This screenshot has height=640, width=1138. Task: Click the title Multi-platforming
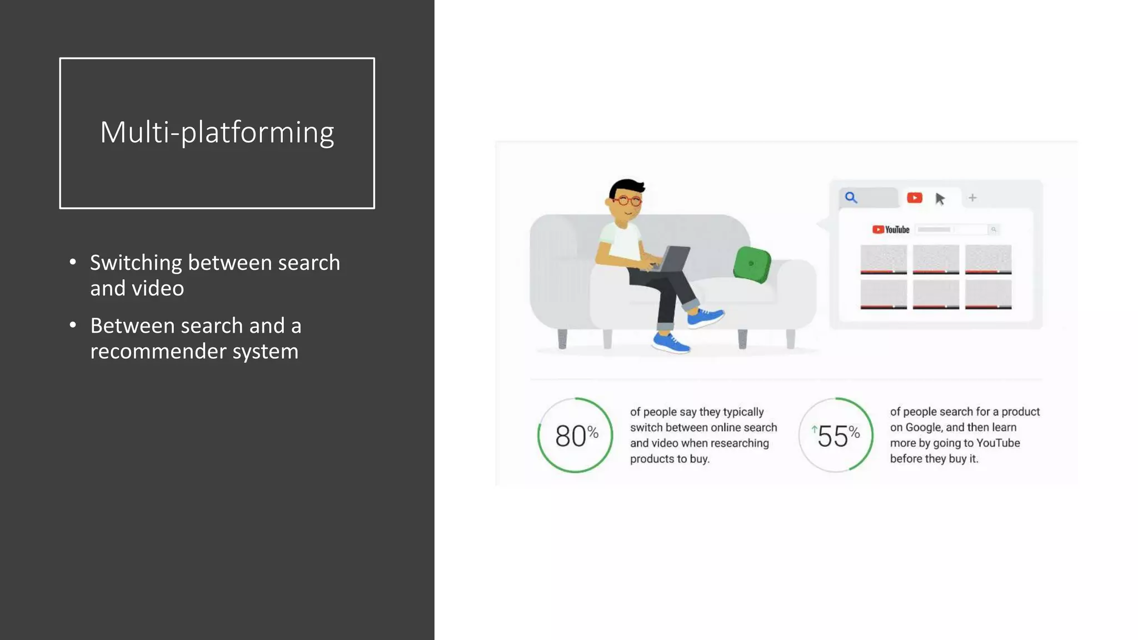click(x=217, y=133)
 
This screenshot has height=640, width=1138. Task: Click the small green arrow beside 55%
click(x=814, y=429)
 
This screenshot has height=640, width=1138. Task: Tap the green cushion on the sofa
click(x=752, y=264)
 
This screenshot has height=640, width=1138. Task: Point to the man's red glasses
click(x=628, y=201)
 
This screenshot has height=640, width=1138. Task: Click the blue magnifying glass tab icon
click(x=851, y=197)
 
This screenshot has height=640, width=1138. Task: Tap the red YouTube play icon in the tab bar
click(x=914, y=198)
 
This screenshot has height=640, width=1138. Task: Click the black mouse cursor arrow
click(x=940, y=199)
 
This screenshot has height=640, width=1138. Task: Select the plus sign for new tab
click(x=972, y=198)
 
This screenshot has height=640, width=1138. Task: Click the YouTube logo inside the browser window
click(x=891, y=229)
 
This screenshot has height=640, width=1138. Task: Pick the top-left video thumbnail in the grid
click(x=883, y=259)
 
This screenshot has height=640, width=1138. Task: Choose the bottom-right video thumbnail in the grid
click(x=988, y=294)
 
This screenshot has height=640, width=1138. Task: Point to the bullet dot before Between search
click(x=73, y=325)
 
